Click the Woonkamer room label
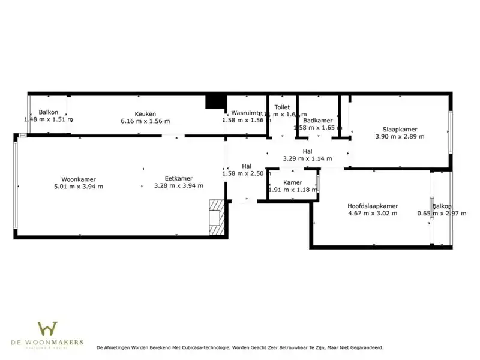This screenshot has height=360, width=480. click(78, 179)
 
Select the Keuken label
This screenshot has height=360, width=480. click(145, 113)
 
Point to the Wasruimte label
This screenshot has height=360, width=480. click(246, 113)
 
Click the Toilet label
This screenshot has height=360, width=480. click(282, 107)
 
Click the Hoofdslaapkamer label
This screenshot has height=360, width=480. click(373, 206)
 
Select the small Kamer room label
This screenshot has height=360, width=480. click(292, 182)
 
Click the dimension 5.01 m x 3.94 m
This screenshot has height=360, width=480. click(78, 186)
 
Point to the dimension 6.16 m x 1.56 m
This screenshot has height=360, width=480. click(145, 121)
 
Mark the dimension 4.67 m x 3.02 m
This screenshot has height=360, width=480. click(373, 214)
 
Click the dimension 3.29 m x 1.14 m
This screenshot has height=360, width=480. click(307, 159)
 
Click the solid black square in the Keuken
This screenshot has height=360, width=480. click(214, 102)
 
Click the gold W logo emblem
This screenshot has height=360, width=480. click(47, 329)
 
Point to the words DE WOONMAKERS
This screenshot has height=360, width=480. click(47, 343)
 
